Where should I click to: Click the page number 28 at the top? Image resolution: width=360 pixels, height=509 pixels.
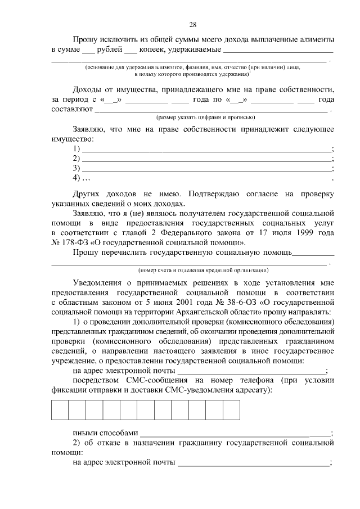coord(192,24)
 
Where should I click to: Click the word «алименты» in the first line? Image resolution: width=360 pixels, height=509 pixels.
coord(315,39)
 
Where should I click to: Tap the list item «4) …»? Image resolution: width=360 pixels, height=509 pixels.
coord(82,178)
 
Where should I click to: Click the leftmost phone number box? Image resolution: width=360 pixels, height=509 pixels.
coord(60,409)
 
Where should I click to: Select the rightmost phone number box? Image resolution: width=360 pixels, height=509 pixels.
coord(232,409)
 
